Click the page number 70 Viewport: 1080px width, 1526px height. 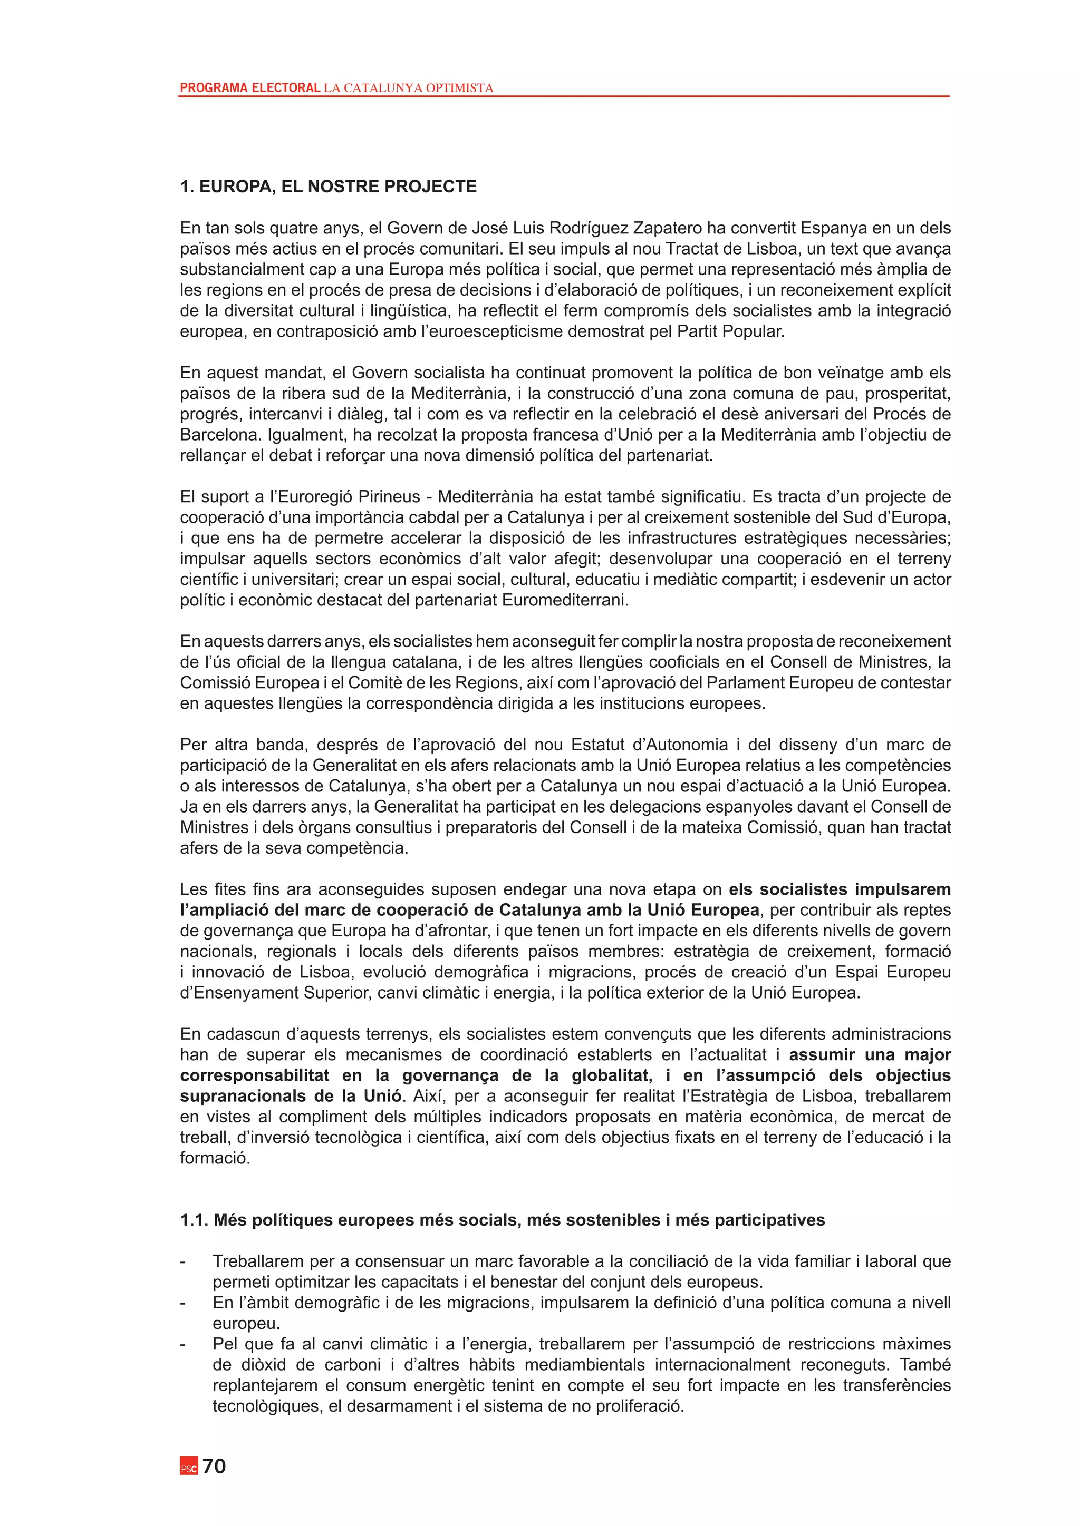point(214,1466)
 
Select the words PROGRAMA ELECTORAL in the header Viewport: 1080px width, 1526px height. point(250,87)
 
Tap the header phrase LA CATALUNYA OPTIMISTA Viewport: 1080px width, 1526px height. point(408,87)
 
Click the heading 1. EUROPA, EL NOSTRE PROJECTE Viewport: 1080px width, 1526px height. point(329,187)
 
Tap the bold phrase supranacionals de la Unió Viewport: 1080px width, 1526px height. point(291,1096)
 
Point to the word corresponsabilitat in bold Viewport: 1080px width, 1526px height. point(255,1075)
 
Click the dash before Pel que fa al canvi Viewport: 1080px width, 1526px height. point(183,1344)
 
